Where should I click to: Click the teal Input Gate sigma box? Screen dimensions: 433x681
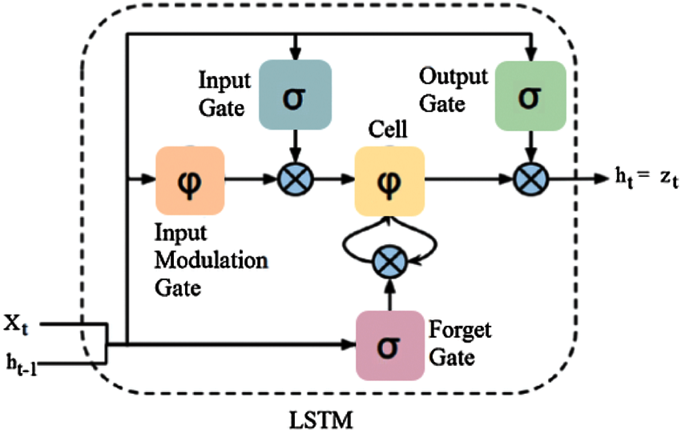coord(295,95)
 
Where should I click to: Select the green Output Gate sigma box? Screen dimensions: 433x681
coord(531,96)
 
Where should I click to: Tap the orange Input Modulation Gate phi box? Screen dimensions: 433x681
coord(190,181)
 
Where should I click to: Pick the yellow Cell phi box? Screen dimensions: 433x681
coord(389,181)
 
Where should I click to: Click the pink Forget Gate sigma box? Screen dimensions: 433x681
coord(390,345)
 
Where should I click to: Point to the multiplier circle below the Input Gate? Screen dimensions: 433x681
coord(295,180)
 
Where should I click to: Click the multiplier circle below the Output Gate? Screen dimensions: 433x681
coord(531,180)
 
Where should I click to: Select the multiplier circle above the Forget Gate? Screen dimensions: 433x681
coord(390,262)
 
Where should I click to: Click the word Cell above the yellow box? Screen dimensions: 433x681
coord(387,129)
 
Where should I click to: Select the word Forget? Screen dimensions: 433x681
coord(459,330)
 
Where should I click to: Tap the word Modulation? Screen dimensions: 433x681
coord(211,261)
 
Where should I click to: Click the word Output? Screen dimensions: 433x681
coord(453,76)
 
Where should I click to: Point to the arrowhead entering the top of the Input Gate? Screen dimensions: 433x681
coord(295,54)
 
